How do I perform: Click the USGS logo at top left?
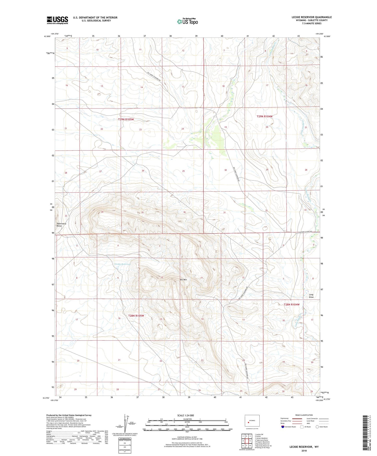pos(57,20)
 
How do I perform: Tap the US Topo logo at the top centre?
pos(187,21)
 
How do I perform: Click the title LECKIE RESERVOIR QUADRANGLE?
pos(312,17)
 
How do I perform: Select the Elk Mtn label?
pos(183,280)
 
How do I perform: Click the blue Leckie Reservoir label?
pos(122,264)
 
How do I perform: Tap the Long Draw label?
pos(311,296)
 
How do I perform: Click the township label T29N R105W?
pos(126,119)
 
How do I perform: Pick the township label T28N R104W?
pos(292,305)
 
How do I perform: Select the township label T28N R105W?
pos(136,316)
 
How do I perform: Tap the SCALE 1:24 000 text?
pos(185,416)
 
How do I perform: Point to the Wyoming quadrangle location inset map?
pos(252,421)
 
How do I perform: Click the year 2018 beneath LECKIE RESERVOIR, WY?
pos(304,451)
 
